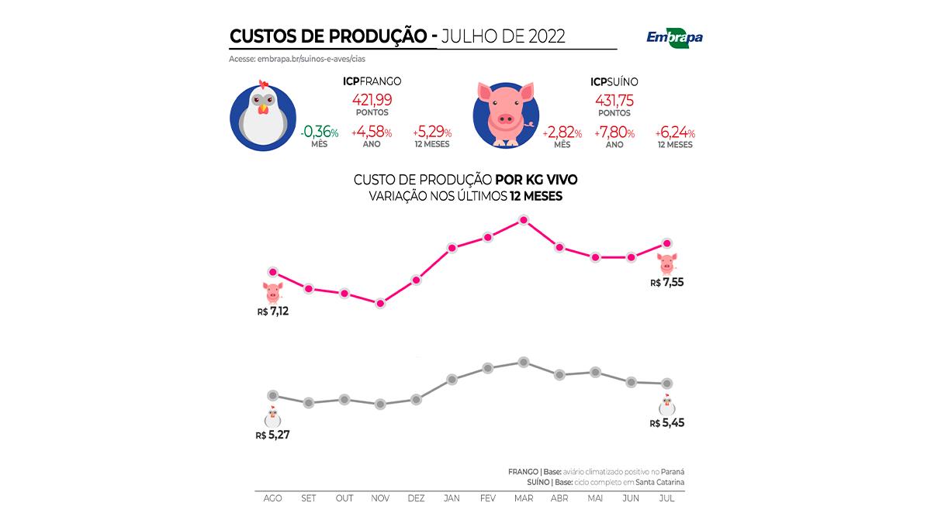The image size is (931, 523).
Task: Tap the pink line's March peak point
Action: click(524, 220)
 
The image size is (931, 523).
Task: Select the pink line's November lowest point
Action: click(380, 303)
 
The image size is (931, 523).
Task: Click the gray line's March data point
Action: click(524, 362)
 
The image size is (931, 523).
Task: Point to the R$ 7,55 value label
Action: click(666, 283)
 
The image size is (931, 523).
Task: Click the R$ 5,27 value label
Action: click(272, 435)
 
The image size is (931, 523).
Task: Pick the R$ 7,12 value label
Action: click(273, 311)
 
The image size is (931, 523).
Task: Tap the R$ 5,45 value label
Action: click(666, 423)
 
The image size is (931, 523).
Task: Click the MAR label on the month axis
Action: click(524, 498)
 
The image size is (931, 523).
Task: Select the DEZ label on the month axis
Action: click(416, 498)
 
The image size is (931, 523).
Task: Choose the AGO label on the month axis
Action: click(273, 498)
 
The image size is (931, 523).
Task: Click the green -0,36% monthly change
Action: click(319, 132)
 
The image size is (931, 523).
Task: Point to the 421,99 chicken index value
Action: click(372, 99)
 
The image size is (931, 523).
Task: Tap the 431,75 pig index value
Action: click(614, 99)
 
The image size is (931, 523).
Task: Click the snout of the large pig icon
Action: click(506, 120)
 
